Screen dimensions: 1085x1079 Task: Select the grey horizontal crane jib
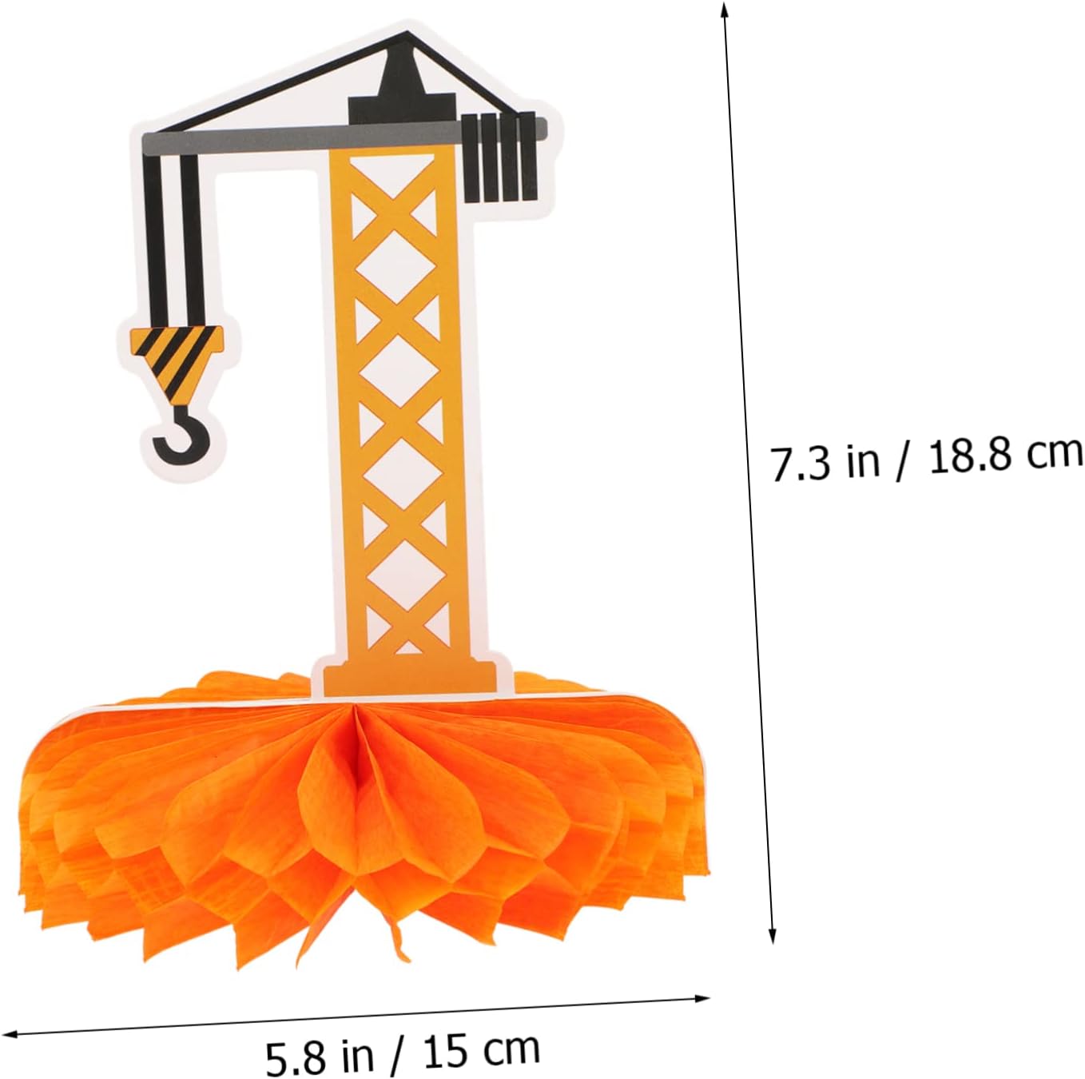[x=344, y=134]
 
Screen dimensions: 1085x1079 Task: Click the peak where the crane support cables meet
[x=407, y=34]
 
